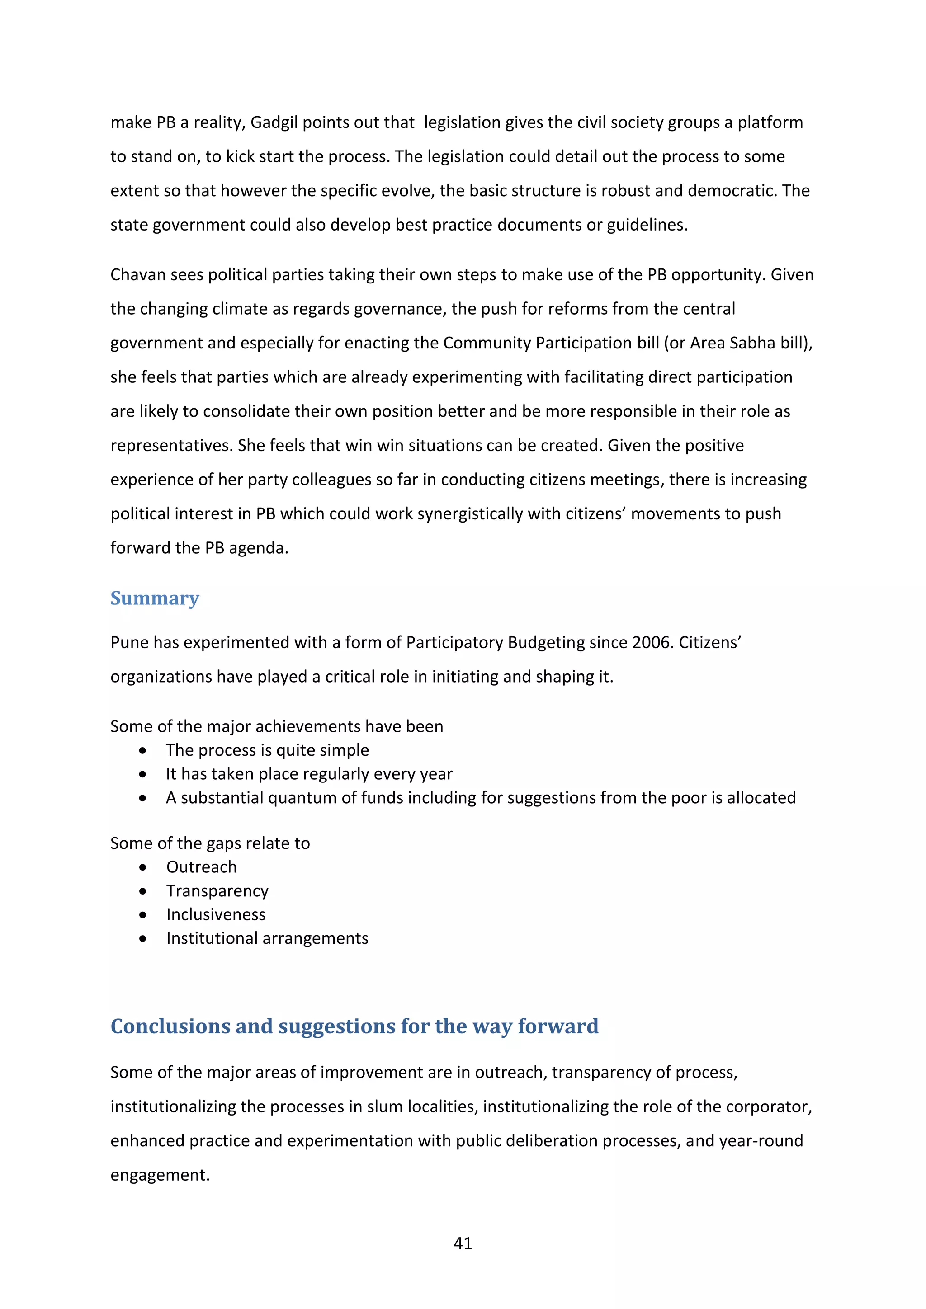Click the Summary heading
point(155,598)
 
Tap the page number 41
point(463,1243)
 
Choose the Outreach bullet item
point(201,867)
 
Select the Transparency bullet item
point(217,891)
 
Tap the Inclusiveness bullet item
point(216,914)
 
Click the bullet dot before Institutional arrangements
point(142,938)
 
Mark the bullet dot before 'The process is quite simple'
point(142,751)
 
